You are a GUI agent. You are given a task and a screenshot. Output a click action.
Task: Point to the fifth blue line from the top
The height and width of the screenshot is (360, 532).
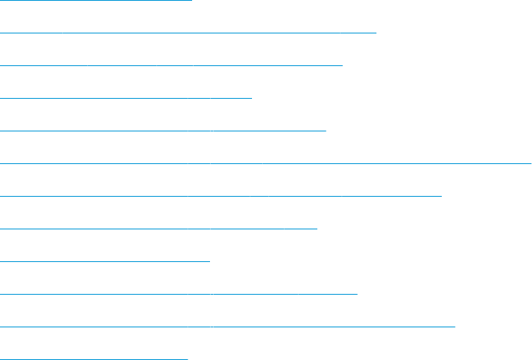(163, 131)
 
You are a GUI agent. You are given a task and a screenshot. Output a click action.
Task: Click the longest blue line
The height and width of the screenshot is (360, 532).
(265, 163)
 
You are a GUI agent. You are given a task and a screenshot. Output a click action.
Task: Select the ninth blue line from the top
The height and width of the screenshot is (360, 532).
(105, 261)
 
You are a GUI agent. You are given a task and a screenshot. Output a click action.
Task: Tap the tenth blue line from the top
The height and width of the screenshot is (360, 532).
(178, 294)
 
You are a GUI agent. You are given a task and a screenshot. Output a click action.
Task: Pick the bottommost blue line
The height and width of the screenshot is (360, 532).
(94, 358)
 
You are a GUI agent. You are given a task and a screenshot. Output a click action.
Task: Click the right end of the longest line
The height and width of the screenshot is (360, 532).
(530, 163)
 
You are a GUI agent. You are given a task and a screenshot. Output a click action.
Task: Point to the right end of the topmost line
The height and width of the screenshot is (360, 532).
(191, 0)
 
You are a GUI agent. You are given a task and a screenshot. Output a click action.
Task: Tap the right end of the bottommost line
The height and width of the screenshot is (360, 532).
(187, 358)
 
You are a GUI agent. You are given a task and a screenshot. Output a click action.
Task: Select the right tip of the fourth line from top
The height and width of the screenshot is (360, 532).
(251, 98)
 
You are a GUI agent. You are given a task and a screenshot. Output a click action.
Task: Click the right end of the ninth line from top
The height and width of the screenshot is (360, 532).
(209, 261)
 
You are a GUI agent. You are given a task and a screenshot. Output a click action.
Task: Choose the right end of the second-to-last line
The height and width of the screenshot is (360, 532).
(454, 327)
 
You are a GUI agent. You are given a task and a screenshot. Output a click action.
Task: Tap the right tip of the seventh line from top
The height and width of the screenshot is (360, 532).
(441, 196)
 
